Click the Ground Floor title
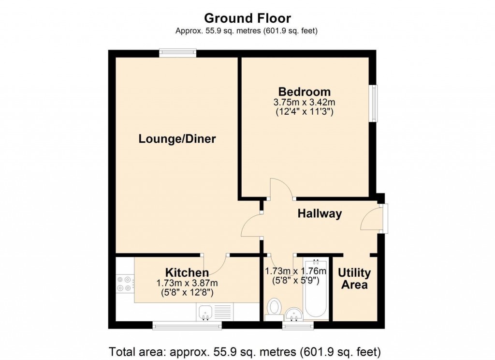click(247, 18)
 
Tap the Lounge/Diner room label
click(177, 139)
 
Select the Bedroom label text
click(305, 91)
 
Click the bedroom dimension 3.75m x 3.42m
click(305, 103)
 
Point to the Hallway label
click(320, 213)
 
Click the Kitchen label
click(187, 272)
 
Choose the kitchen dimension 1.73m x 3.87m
click(187, 283)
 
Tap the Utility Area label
click(354, 279)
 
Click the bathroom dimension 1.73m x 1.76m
click(296, 271)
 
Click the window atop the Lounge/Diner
click(178, 53)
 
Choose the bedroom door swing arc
click(279, 188)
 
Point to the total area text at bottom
click(247, 351)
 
